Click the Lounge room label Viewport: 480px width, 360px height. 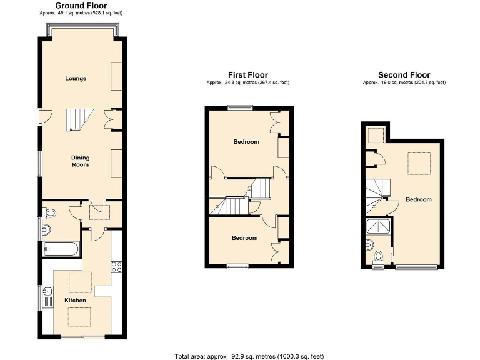tap(76, 79)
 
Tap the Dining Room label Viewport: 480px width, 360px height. tap(80, 161)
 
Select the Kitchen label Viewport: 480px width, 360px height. tap(76, 301)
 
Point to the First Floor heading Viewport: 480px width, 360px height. tap(247, 75)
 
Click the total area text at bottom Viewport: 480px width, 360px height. tap(249, 356)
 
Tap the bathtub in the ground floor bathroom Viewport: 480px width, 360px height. tap(61, 249)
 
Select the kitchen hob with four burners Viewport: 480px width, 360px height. tap(116, 267)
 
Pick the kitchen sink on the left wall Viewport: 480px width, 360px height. tap(47, 291)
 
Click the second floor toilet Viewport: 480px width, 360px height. tap(379, 256)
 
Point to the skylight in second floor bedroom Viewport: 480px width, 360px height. tap(418, 163)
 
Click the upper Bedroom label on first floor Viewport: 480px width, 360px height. tap(246, 142)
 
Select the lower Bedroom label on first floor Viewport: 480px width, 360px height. tap(244, 238)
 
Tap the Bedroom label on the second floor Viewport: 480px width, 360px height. tap(418, 200)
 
